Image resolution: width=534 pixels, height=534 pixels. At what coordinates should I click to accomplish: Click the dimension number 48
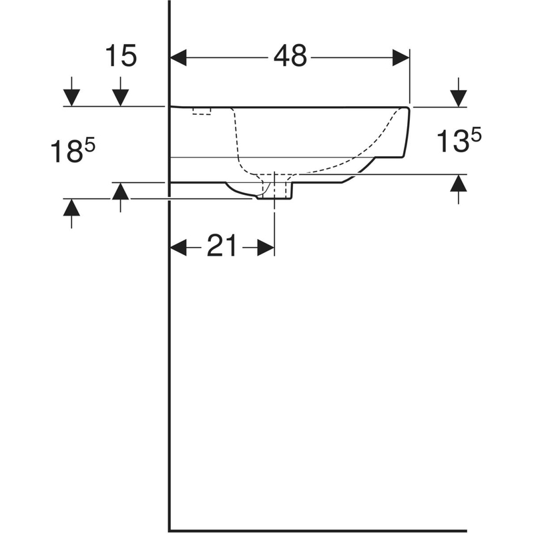pyautogui.click(x=290, y=56)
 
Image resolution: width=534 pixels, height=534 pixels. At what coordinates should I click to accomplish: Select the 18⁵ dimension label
pyautogui.click(x=73, y=152)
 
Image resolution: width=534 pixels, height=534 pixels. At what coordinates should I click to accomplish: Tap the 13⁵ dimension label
pyautogui.click(x=459, y=141)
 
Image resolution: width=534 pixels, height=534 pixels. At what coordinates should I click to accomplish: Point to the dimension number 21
pyautogui.click(x=222, y=245)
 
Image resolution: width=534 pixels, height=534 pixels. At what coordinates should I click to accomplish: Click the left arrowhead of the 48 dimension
pyautogui.click(x=178, y=57)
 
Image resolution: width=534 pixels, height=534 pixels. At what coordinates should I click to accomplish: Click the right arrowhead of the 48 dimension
pyautogui.click(x=401, y=57)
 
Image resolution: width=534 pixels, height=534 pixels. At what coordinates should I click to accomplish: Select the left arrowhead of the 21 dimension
pyautogui.click(x=178, y=247)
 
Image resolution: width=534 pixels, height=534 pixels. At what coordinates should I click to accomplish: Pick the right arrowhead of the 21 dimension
pyautogui.click(x=266, y=247)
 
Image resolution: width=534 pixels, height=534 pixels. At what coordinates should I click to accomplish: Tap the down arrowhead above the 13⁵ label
pyautogui.click(x=459, y=98)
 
